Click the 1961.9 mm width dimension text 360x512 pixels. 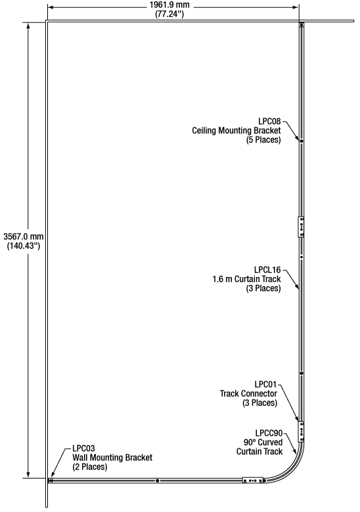pos(169,5)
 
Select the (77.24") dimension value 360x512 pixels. pos(169,14)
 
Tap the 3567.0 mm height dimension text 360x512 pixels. pos(24,236)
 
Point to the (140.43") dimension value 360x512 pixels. pos(24,245)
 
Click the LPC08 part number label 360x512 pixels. pos(269,121)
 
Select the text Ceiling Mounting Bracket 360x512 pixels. pos(236,131)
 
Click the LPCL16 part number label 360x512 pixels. pos(267,270)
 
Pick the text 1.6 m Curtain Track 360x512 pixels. pos(246,279)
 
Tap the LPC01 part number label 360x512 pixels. pos(266,384)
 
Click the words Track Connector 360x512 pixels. pos(248,393)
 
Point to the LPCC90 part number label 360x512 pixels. pos(269,433)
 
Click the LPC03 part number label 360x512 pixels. pos(83,448)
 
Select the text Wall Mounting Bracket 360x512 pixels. pos(112,458)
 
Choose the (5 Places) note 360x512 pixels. pos(263,140)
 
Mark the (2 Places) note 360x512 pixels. pos(90,467)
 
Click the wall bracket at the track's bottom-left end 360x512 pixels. pos(51,480)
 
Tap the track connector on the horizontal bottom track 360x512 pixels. pos(253,480)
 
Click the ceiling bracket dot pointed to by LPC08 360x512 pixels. pos(302,141)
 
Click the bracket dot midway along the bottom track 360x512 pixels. pos(158,480)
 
